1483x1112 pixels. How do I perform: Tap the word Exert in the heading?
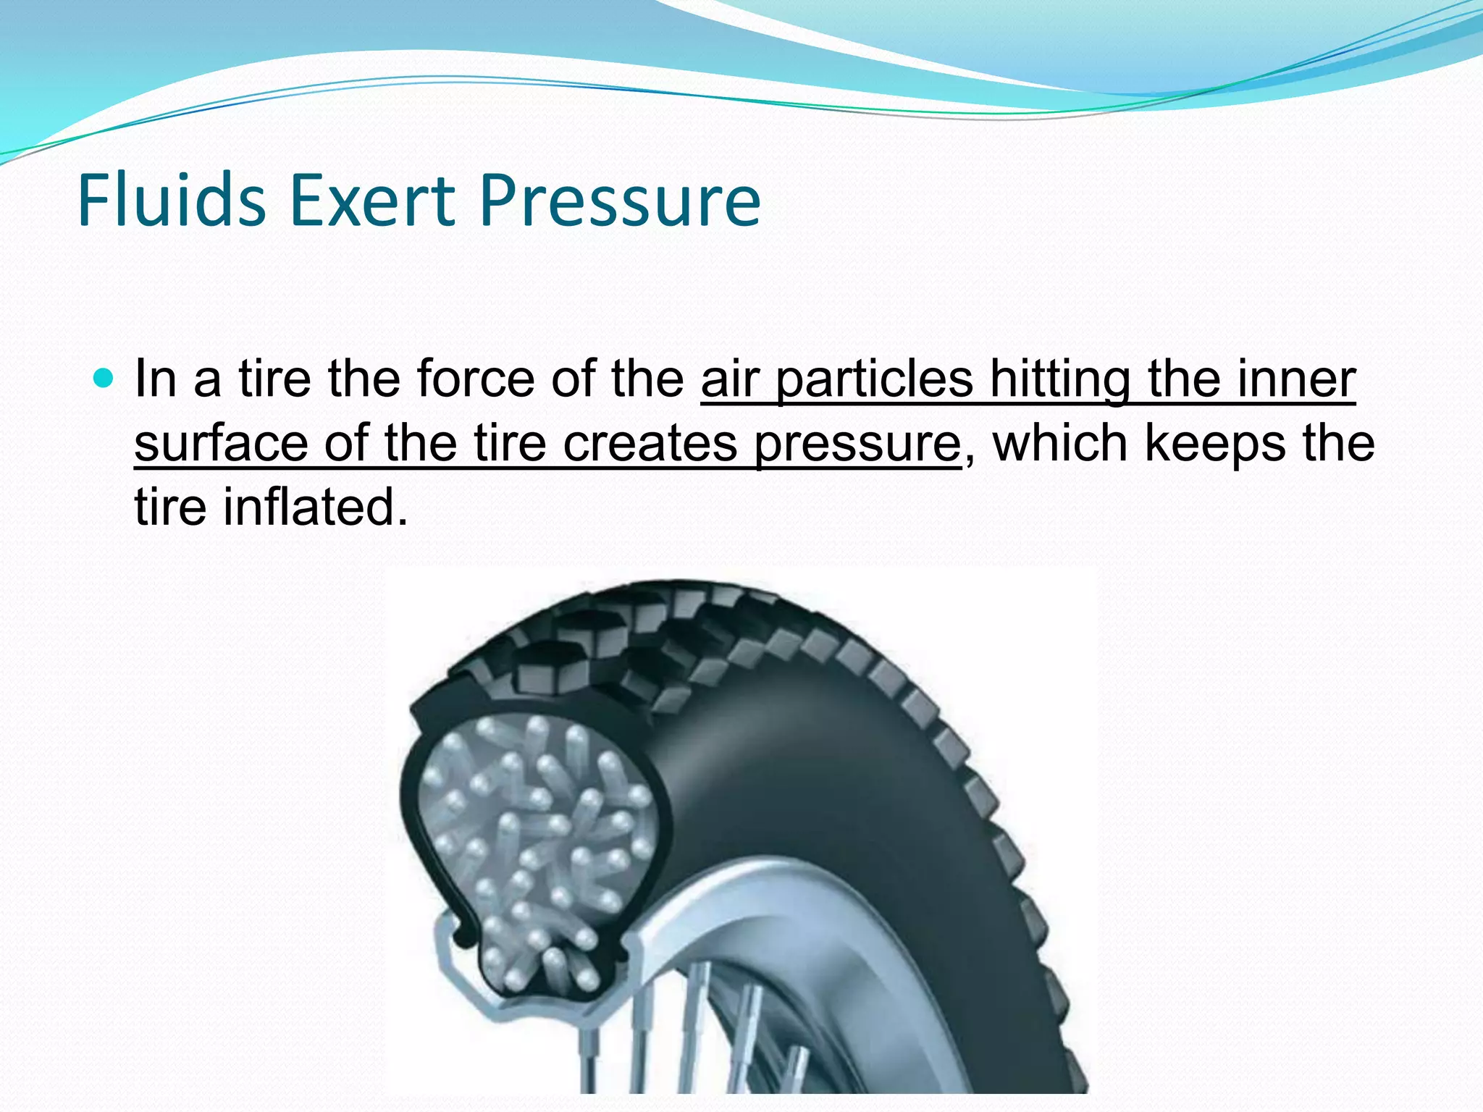372,201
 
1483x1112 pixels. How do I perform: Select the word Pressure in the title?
620,201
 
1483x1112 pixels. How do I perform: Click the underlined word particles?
875,379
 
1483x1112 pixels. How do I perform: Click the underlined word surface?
221,443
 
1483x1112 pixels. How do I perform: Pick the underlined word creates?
650,443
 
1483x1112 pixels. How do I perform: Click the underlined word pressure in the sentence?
857,443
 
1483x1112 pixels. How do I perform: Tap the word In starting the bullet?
156,379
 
